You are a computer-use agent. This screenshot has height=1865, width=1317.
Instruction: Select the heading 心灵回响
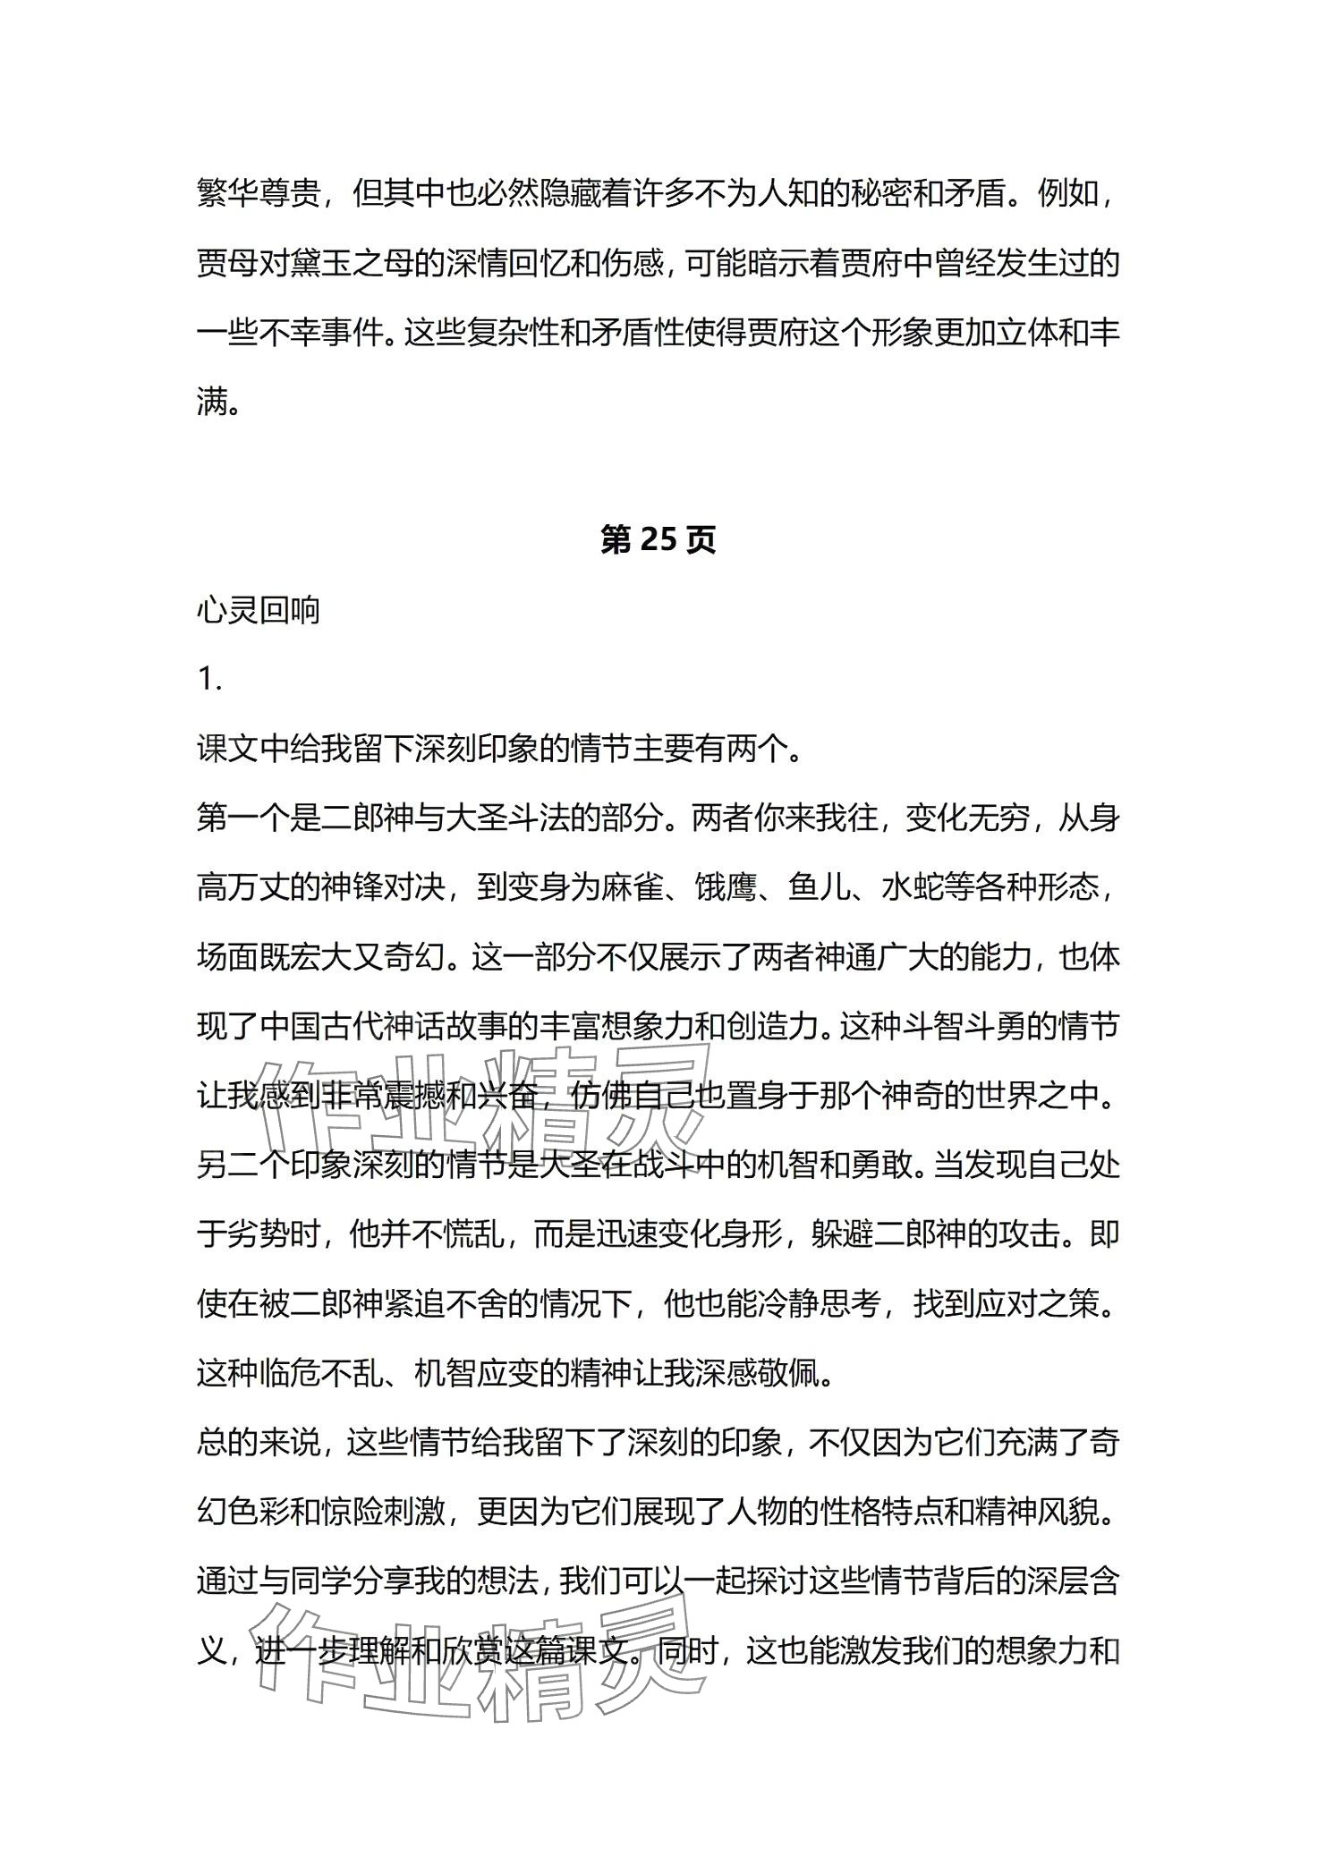pos(258,611)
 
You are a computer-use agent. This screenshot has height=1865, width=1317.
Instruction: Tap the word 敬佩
pos(787,1376)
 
